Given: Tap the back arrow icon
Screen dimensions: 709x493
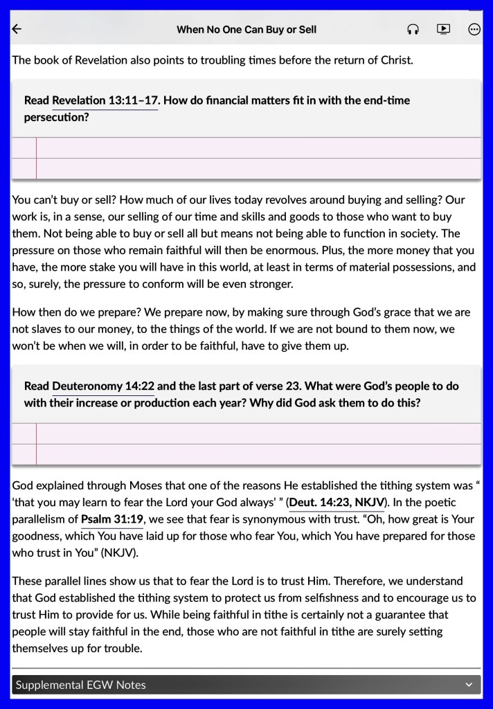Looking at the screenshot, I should pyautogui.click(x=17, y=29).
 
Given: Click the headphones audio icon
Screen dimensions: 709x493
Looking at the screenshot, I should pyautogui.click(x=413, y=29).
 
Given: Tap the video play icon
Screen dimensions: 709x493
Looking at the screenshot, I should pyautogui.click(x=443, y=29).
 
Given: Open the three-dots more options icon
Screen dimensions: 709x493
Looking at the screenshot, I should pyautogui.click(x=474, y=29).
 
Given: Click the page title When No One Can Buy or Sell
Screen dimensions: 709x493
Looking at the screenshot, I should pyautogui.click(x=247, y=29).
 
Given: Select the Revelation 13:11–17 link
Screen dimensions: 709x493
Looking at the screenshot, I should pyautogui.click(x=105, y=100).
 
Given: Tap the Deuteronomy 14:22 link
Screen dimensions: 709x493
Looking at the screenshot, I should pyautogui.click(x=103, y=386).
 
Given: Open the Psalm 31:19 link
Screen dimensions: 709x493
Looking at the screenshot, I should pyautogui.click(x=112, y=519).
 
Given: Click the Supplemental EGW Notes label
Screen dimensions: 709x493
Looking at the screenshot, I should pyautogui.click(x=81, y=685).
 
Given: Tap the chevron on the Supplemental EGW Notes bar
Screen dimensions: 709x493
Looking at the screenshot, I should pyautogui.click(x=469, y=685).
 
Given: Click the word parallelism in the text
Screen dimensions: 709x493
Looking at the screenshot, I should pyautogui.click(x=39, y=519).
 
